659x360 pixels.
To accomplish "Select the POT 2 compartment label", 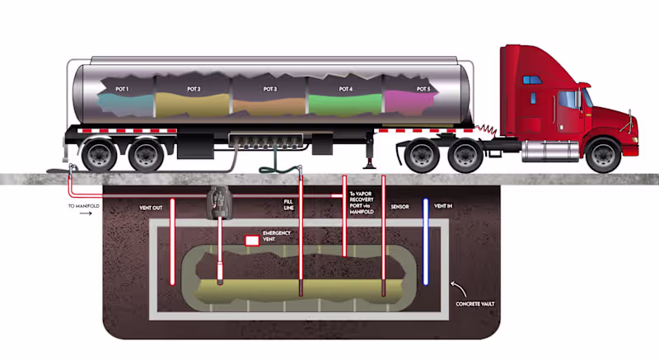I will tap(194, 87).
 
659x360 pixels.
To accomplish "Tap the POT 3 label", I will tap(270, 88).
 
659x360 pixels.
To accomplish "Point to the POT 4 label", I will tap(345, 88).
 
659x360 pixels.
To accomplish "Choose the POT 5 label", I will tap(423, 88).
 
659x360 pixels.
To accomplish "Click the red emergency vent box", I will tap(251, 241).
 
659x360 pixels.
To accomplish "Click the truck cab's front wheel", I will tap(602, 154).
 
